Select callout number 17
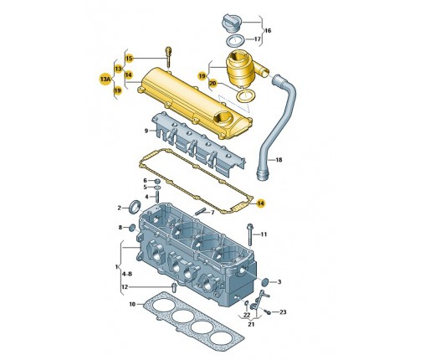(258, 39)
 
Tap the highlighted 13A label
(105, 80)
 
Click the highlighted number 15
(129, 59)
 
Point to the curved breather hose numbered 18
(279, 123)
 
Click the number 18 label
(279, 160)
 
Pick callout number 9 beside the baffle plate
(146, 131)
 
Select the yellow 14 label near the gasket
(260, 203)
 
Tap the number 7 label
(212, 213)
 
